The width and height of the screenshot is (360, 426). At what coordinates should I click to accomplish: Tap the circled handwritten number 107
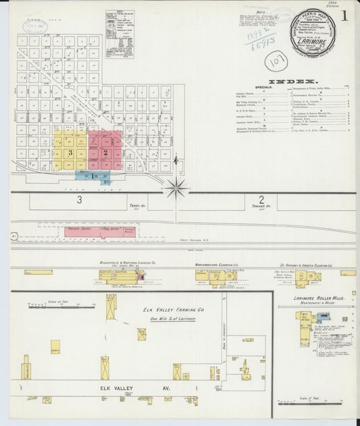(276, 61)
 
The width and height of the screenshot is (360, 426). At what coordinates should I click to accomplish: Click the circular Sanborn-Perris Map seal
(313, 32)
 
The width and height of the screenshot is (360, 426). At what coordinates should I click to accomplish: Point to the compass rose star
(176, 187)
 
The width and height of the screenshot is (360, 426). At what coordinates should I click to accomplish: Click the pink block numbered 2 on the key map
(105, 152)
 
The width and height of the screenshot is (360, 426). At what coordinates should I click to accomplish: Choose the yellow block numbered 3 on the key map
(70, 153)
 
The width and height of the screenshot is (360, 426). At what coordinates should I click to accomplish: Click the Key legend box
(119, 33)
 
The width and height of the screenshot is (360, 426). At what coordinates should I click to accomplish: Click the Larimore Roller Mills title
(319, 298)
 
